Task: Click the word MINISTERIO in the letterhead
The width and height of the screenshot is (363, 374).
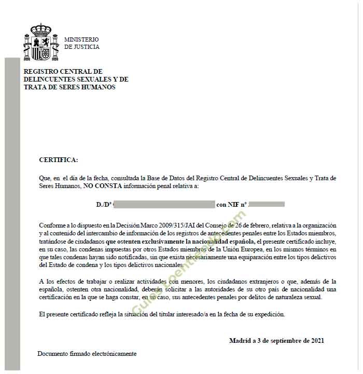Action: pyautogui.click(x=81, y=39)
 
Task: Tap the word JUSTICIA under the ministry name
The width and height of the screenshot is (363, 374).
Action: pyautogui.click(x=87, y=47)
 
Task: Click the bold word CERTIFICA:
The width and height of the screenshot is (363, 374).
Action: pyautogui.click(x=59, y=159)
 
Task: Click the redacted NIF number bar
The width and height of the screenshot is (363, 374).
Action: pyautogui.click(x=267, y=205)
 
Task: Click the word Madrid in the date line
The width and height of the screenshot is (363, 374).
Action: pyautogui.click(x=240, y=341)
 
